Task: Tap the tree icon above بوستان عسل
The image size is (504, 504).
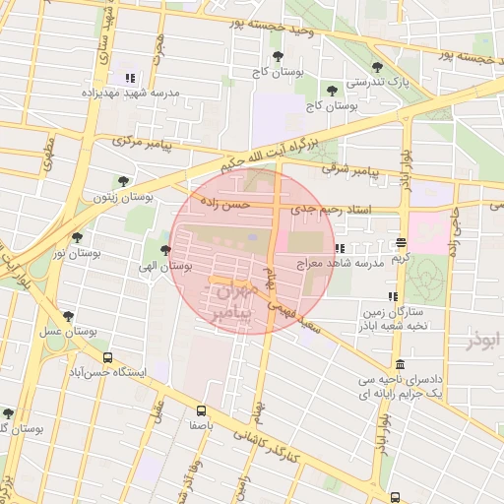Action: tap(67, 316)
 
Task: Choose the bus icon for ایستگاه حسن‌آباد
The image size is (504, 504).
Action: tap(107, 359)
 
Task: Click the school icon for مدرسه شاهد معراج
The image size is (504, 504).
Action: tap(340, 249)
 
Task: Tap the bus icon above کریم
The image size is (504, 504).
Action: tap(400, 242)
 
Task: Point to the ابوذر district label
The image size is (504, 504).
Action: tap(479, 340)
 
